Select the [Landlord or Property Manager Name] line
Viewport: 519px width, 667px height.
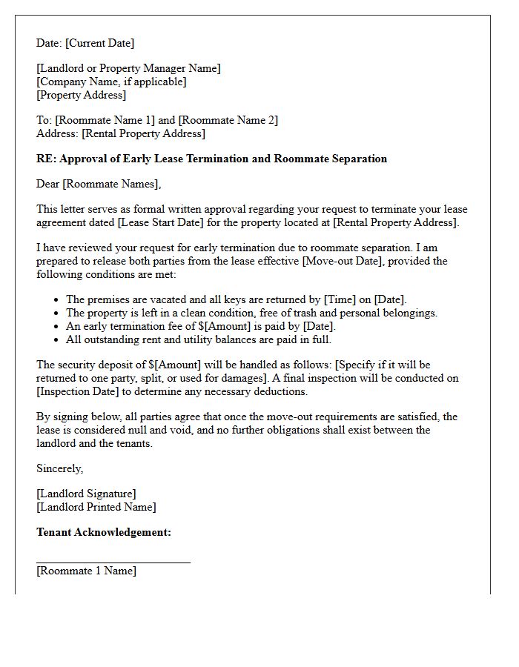(128, 68)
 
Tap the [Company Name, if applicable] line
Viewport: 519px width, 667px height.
(111, 82)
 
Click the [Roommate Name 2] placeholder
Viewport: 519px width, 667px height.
(228, 120)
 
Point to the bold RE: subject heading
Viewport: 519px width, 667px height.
(211, 159)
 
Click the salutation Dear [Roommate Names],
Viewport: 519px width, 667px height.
(99, 184)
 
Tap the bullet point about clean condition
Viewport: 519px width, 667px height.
(251, 313)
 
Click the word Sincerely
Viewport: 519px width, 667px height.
(59, 468)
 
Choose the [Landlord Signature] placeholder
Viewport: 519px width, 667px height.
(86, 494)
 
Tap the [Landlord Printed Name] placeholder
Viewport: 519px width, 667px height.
(96, 507)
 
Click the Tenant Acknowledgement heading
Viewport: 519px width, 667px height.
(104, 532)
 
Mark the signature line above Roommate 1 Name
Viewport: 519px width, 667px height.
(113, 563)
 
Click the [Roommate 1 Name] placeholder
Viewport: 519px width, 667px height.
(86, 571)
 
